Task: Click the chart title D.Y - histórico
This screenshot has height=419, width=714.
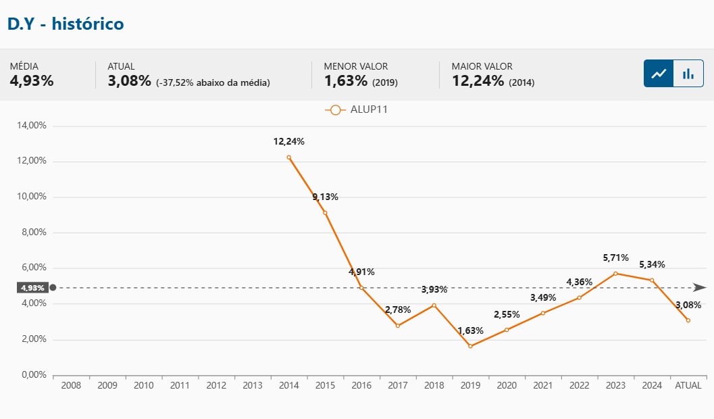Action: click(66, 24)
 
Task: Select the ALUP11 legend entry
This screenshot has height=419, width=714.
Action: click(356, 109)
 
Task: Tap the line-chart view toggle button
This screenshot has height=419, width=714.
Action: click(659, 73)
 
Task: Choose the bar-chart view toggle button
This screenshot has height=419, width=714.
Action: click(688, 73)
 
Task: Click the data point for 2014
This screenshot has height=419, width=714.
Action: click(289, 157)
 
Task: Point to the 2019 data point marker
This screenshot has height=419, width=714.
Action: click(470, 346)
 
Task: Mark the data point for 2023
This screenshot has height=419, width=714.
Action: click(615, 273)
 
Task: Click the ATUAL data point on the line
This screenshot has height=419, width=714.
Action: click(688, 320)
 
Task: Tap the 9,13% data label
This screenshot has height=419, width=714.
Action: click(325, 197)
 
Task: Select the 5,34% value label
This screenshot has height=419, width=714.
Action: click(653, 264)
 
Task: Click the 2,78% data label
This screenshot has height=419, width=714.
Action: click(398, 310)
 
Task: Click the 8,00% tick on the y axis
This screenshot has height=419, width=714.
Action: click(31, 232)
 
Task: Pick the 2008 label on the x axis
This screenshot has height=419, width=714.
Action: click(71, 386)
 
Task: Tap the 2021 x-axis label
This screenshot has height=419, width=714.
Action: click(543, 386)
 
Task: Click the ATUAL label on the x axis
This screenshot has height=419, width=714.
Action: click(688, 386)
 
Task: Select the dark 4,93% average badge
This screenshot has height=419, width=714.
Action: click(32, 288)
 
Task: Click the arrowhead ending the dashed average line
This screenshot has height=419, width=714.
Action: click(700, 287)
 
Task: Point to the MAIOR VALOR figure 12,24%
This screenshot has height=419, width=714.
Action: click(478, 81)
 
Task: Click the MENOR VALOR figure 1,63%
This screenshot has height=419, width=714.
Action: click(346, 81)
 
